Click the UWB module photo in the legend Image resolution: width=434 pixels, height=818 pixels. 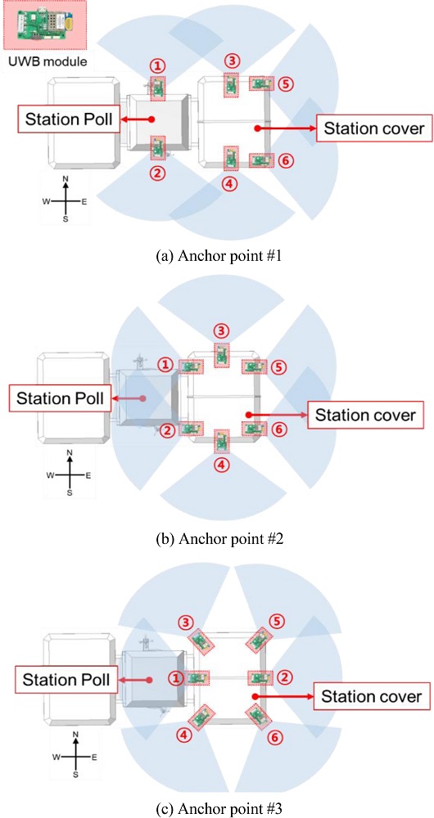pyautogui.click(x=44, y=26)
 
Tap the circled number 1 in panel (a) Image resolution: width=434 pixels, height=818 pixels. pyautogui.click(x=158, y=65)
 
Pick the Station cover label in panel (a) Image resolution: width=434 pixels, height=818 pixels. pyautogui.click(x=374, y=128)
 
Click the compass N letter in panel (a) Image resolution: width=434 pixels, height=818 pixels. pyautogui.click(x=66, y=179)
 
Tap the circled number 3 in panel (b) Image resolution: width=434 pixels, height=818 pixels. pyautogui.click(x=222, y=330)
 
